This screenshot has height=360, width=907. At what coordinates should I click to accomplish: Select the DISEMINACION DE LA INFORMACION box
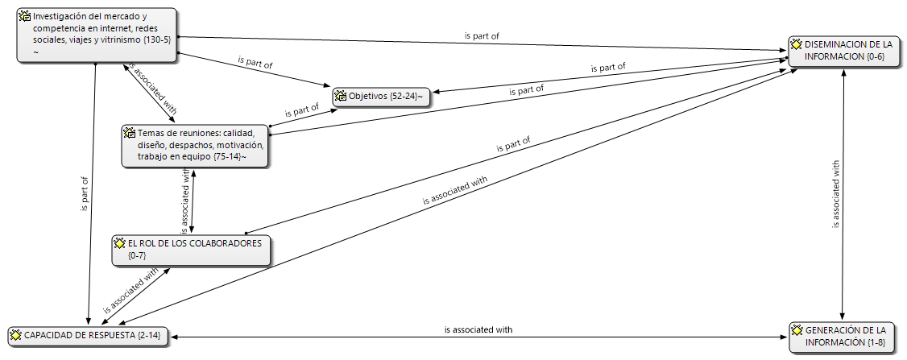click(845, 52)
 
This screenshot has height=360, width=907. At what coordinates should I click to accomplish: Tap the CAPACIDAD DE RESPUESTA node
click(89, 336)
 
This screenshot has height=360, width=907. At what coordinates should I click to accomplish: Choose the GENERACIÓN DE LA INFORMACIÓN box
click(845, 337)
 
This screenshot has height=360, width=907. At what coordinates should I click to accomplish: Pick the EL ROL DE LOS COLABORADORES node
click(191, 250)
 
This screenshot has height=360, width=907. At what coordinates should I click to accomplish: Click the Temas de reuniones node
click(195, 146)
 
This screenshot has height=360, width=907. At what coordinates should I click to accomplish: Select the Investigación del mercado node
click(97, 35)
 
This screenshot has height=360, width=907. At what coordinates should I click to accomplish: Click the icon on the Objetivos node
click(342, 96)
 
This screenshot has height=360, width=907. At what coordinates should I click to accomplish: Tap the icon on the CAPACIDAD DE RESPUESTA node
click(17, 335)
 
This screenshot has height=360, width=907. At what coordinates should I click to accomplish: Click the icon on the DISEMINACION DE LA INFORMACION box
click(797, 44)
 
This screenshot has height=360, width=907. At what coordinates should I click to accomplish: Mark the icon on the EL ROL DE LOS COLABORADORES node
click(120, 243)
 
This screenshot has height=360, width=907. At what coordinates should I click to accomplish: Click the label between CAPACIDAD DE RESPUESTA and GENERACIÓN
click(478, 330)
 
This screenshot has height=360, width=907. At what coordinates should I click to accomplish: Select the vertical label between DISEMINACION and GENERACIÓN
click(836, 194)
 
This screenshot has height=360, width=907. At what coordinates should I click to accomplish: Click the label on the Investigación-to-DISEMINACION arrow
click(482, 36)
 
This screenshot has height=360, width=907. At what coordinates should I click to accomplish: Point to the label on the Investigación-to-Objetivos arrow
click(255, 62)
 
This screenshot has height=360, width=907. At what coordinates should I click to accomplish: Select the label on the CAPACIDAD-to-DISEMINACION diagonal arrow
click(455, 190)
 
